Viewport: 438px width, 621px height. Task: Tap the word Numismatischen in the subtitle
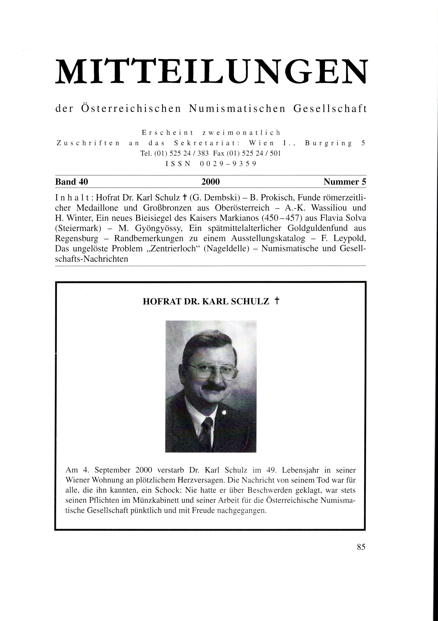[237, 109]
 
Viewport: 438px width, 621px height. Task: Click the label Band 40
[71, 182]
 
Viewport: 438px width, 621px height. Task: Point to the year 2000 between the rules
[210, 182]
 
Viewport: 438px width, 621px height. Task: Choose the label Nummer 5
[345, 182]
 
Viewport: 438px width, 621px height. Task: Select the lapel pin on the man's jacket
[224, 413]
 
